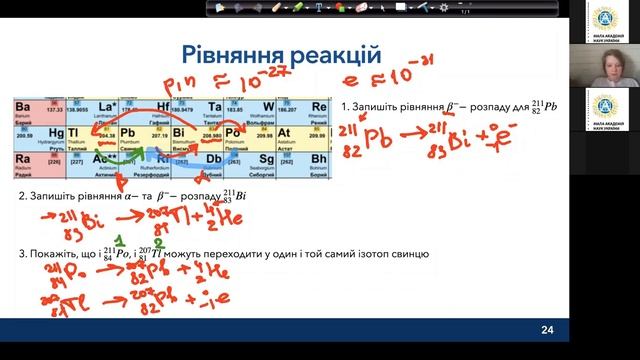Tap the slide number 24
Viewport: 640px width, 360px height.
(547, 329)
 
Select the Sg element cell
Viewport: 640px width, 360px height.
(261, 159)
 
